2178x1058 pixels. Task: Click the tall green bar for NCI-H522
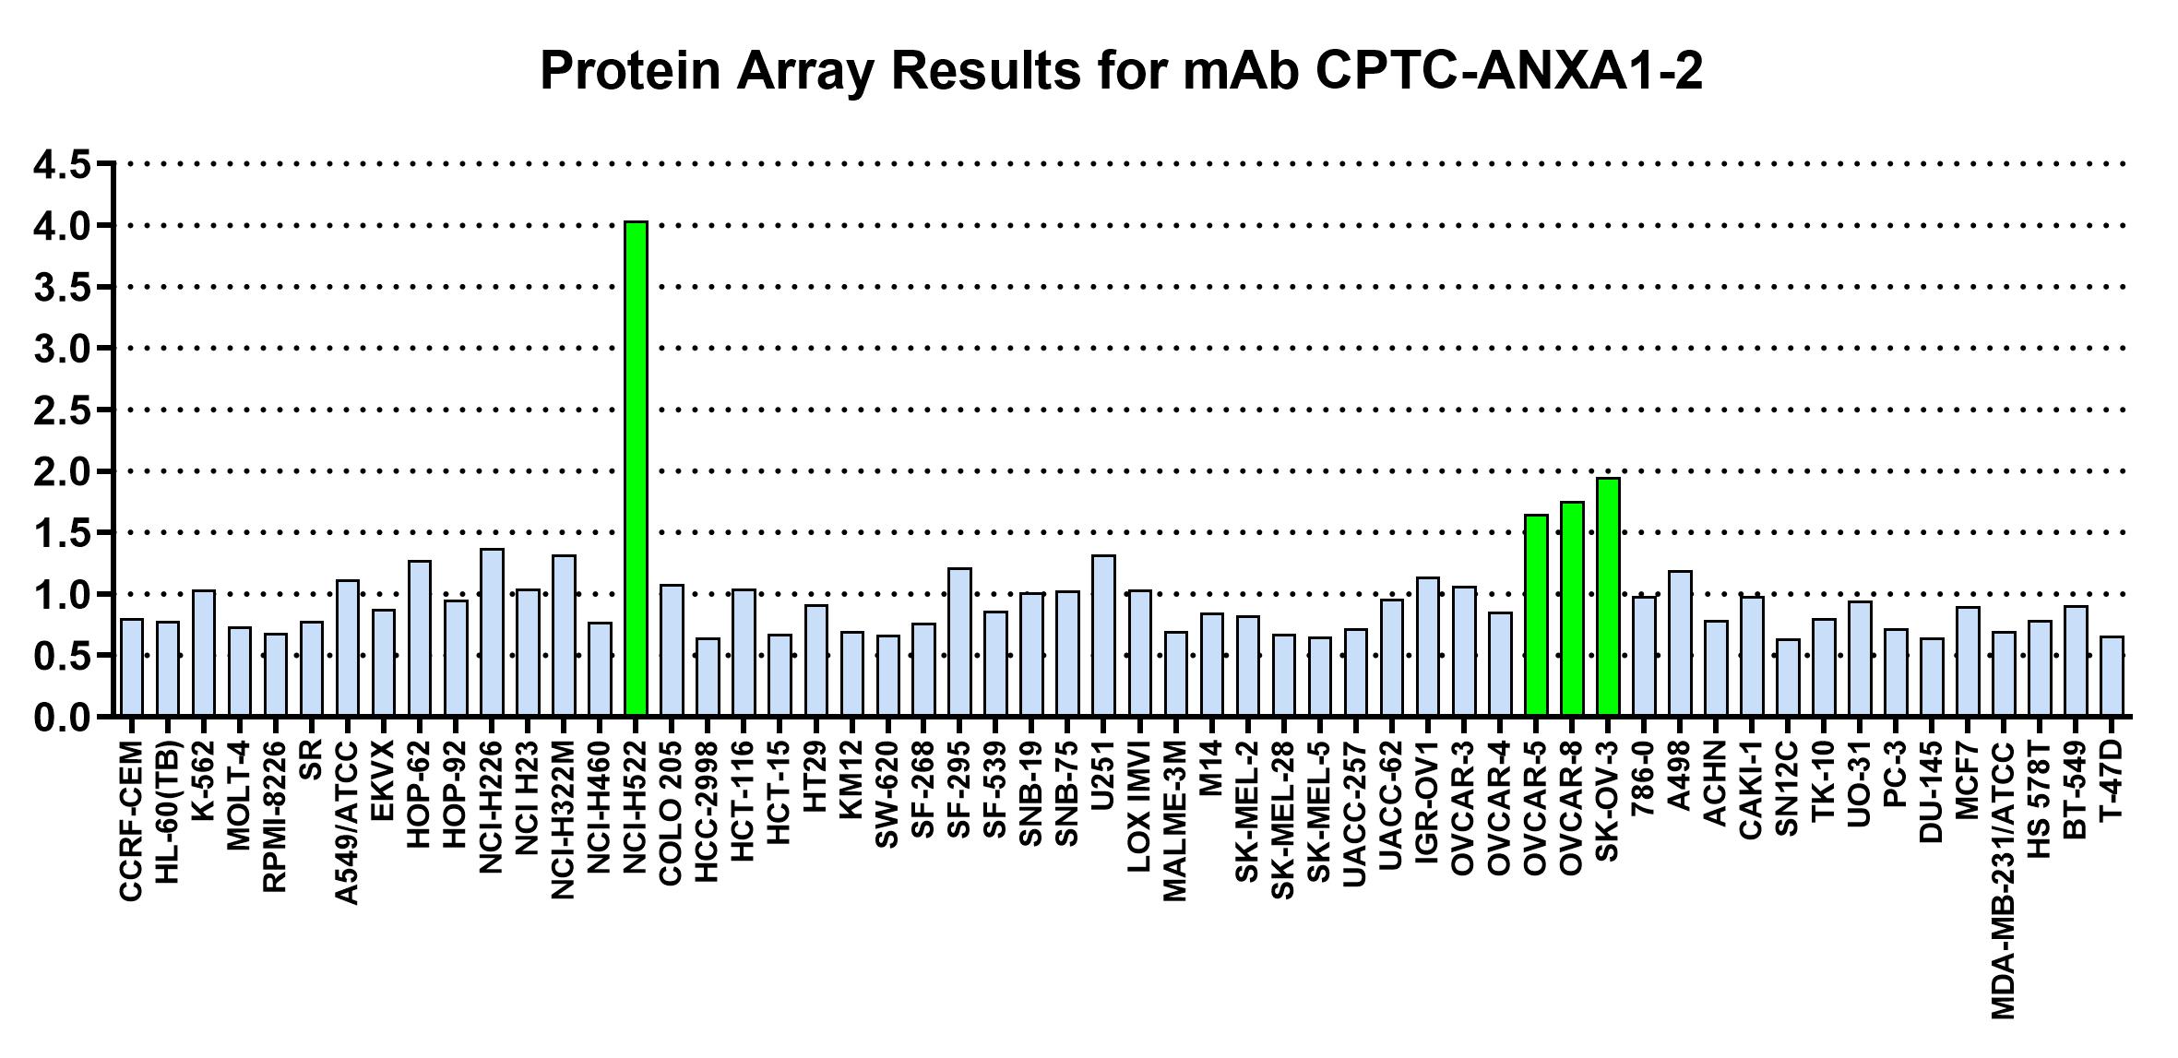[x=636, y=469]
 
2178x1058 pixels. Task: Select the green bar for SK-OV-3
[x=1608, y=597]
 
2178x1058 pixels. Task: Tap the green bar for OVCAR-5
[x=1536, y=615]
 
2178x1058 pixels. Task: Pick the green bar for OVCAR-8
[x=1572, y=609]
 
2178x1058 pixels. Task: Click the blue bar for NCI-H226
[x=492, y=633]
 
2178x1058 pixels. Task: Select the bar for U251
[x=1103, y=636]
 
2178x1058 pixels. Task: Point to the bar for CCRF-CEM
[x=132, y=668]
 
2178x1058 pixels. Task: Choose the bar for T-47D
[x=2113, y=676]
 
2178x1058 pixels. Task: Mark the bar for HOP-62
[x=420, y=638]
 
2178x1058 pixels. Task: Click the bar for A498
[x=1680, y=644]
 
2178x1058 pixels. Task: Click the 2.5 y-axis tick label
[x=62, y=410]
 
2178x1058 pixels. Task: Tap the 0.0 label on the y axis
[x=62, y=718]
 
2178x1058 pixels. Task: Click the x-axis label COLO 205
[x=671, y=813]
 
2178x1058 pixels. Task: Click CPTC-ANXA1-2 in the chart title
[x=1509, y=70]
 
